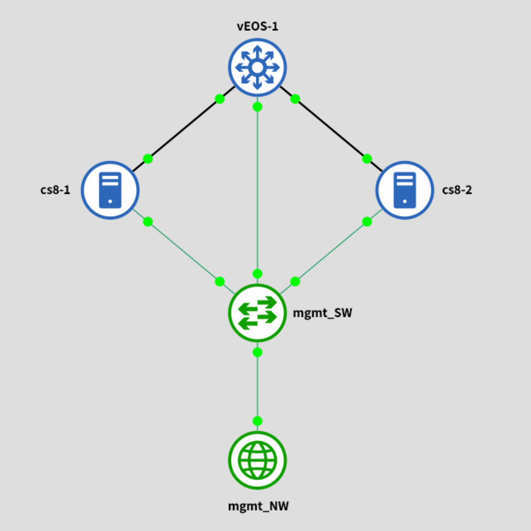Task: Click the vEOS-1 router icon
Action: pos(257,67)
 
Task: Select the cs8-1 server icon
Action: pos(110,190)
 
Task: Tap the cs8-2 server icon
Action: pos(404,190)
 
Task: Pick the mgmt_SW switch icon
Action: pos(257,313)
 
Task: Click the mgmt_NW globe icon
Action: pos(257,460)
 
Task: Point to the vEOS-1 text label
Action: pos(257,27)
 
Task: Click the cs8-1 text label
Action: pos(55,190)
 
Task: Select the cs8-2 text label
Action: pos(457,190)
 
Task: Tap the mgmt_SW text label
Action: pos(322,313)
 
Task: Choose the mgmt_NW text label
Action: pos(258,506)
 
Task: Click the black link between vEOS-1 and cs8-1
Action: pos(184,129)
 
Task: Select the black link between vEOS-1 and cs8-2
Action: pos(331,129)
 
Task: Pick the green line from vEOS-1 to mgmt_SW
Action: pos(257,190)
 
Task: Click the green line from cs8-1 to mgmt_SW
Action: pos(184,252)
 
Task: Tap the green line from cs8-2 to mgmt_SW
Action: pos(331,252)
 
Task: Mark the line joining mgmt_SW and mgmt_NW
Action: pos(257,386)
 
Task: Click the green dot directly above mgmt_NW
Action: pos(257,421)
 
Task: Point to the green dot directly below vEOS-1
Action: pos(257,107)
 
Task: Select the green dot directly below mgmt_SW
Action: pos(257,352)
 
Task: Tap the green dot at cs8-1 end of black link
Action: pos(148,158)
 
